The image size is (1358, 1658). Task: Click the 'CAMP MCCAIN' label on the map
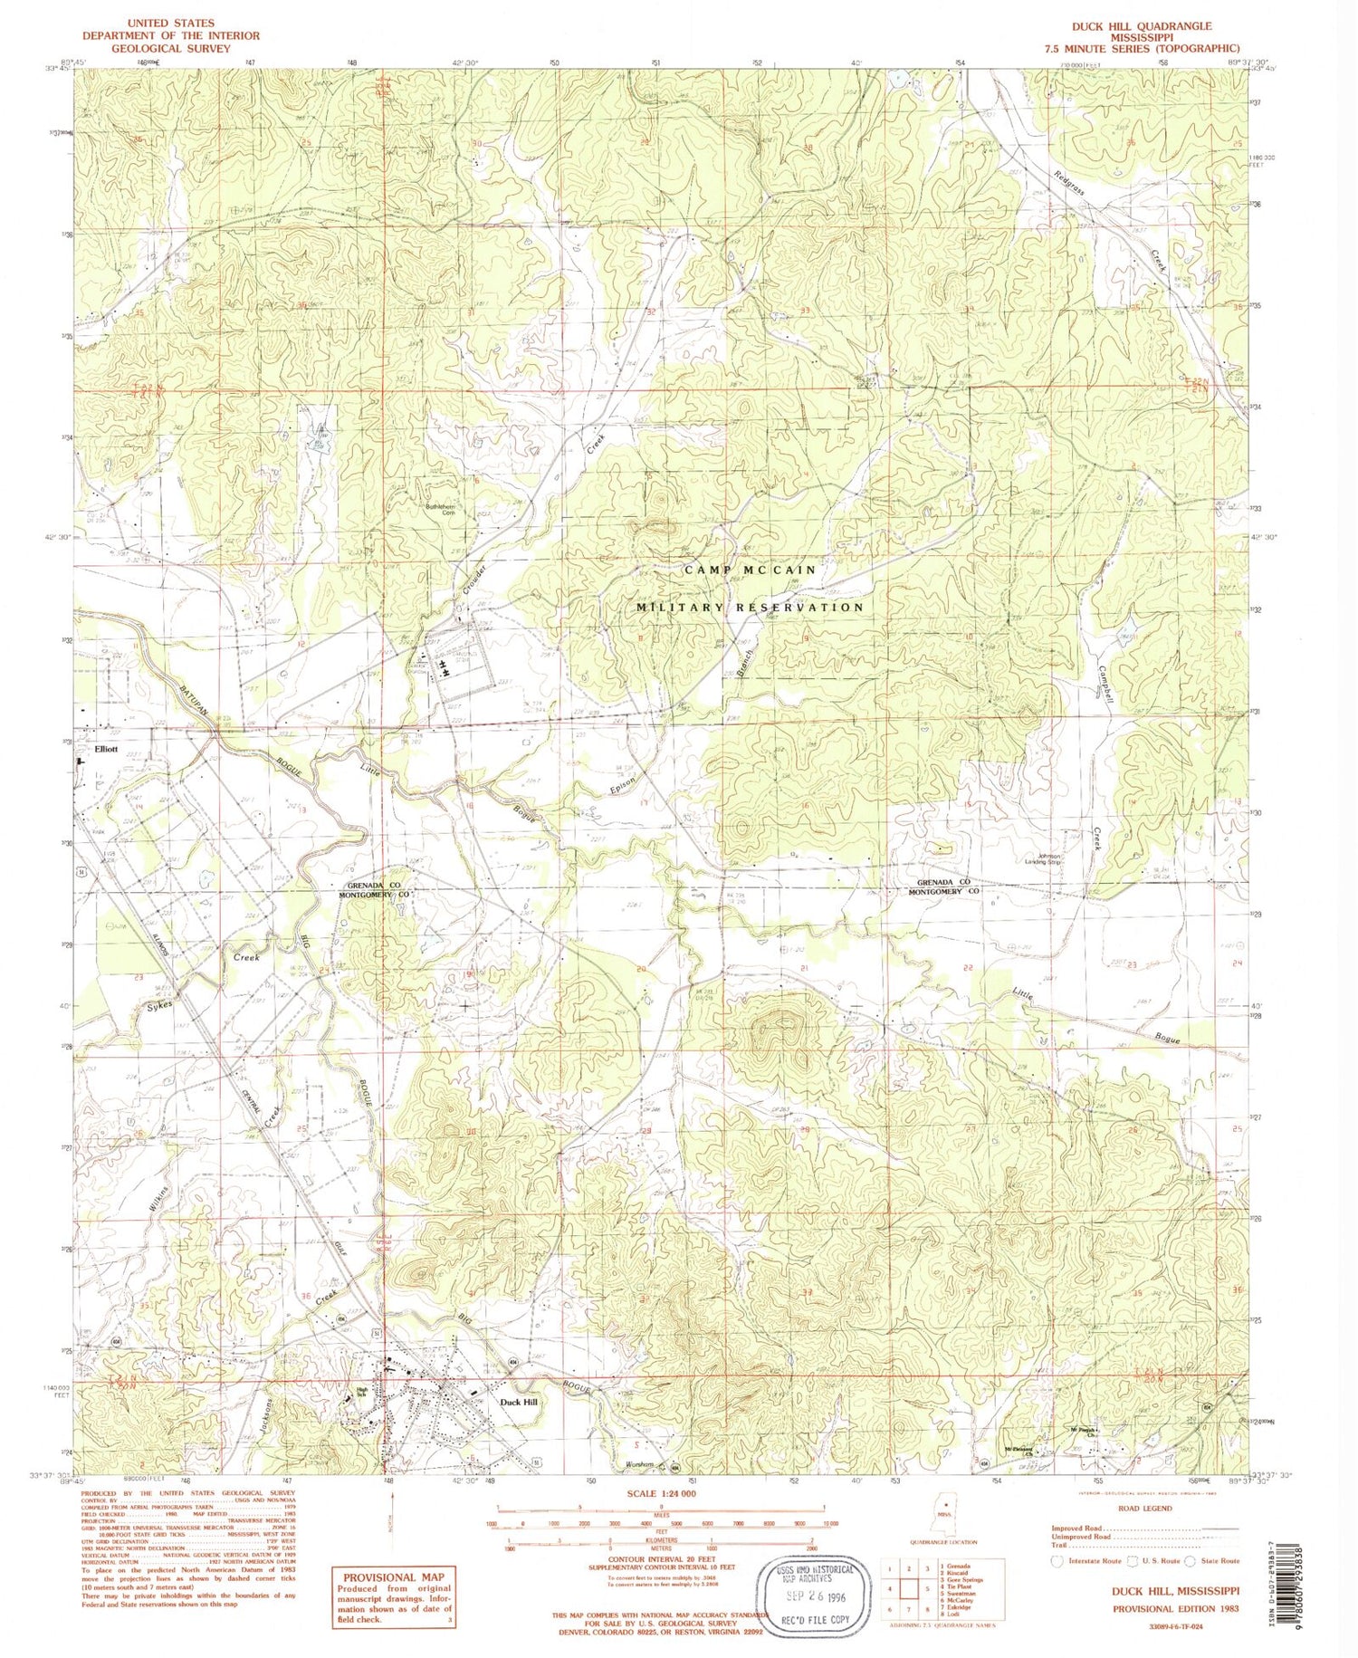click(750, 570)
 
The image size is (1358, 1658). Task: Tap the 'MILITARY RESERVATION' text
click(751, 607)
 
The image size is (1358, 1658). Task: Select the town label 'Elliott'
click(106, 750)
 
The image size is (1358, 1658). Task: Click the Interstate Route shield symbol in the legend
click(1056, 1561)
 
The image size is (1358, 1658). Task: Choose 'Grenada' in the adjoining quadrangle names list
click(953, 1566)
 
